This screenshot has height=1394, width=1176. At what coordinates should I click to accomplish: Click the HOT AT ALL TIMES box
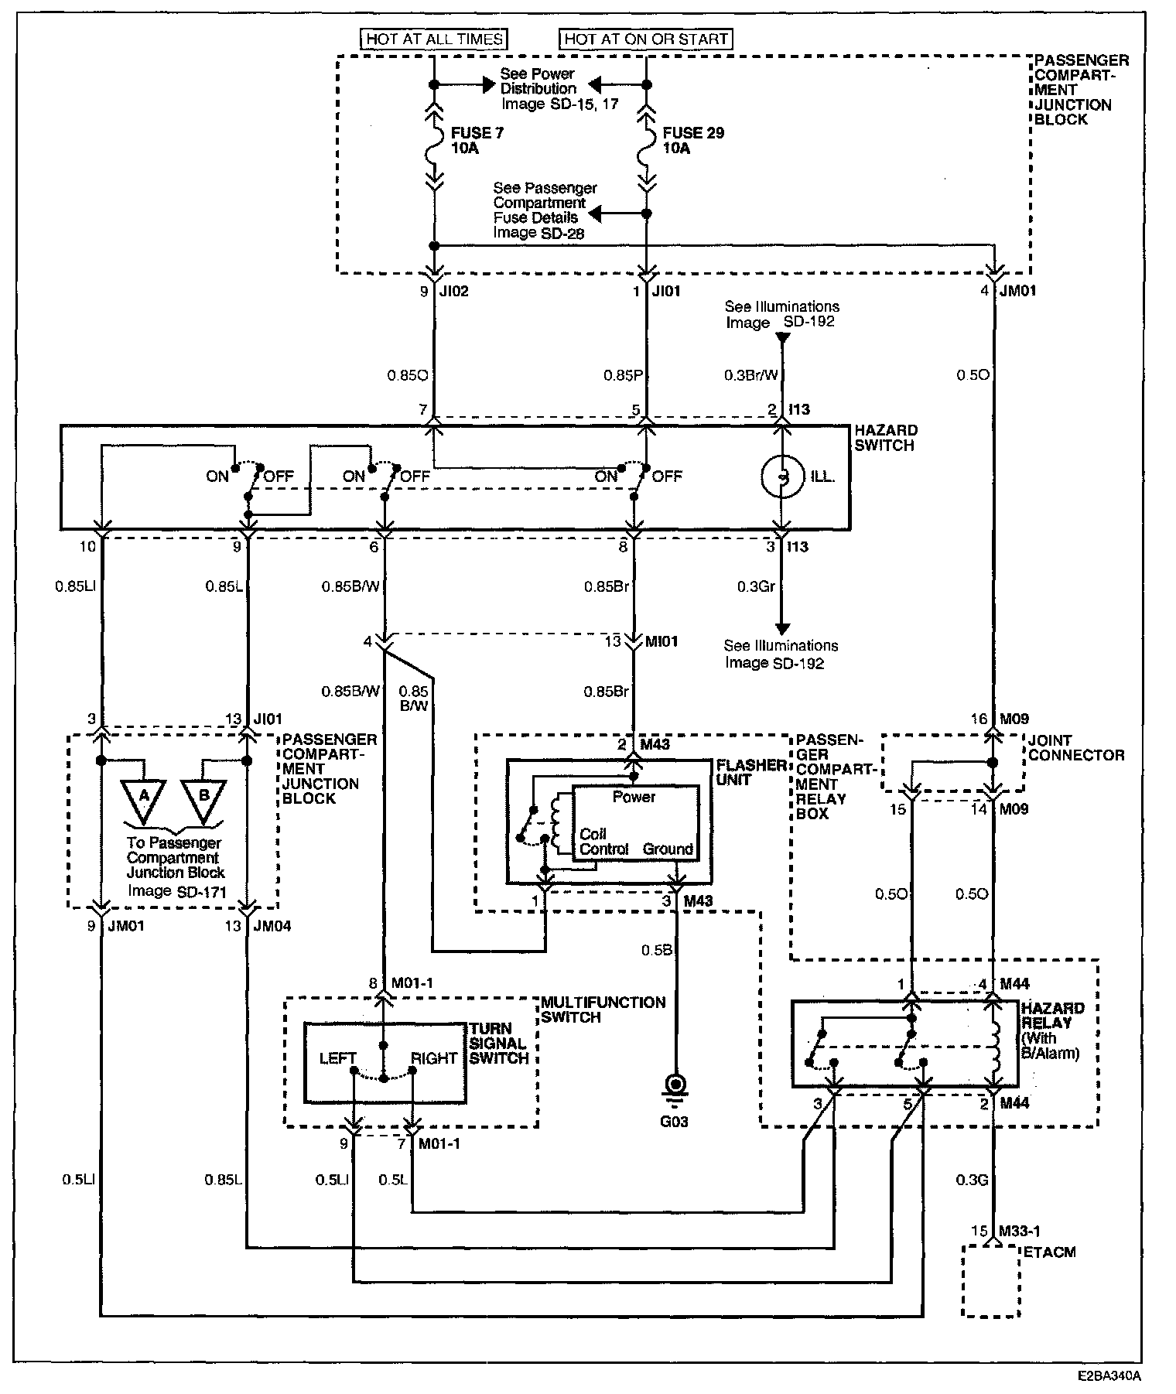pyautogui.click(x=433, y=39)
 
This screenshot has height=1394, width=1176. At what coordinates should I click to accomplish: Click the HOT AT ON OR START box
pyautogui.click(x=646, y=39)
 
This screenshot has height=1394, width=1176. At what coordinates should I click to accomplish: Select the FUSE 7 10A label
pyautogui.click(x=477, y=141)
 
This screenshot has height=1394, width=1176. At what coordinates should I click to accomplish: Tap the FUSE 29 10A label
pyautogui.click(x=693, y=141)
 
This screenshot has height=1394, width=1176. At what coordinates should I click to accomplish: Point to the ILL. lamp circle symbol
pyautogui.click(x=782, y=477)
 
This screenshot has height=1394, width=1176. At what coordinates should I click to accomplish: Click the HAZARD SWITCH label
pyautogui.click(x=885, y=438)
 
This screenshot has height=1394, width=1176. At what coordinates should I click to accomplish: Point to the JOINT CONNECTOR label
pyautogui.click(x=1075, y=748)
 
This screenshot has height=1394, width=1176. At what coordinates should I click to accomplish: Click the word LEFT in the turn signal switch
pyautogui.click(x=338, y=1058)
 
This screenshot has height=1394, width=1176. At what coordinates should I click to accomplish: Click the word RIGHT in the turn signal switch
pyautogui.click(x=434, y=1058)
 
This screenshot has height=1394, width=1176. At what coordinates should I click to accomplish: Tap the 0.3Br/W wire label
pyautogui.click(x=750, y=375)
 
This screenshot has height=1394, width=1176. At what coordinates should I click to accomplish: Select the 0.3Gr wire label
pyautogui.click(x=754, y=587)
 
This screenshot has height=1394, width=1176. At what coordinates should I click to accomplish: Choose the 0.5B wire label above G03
pyautogui.click(x=656, y=950)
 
